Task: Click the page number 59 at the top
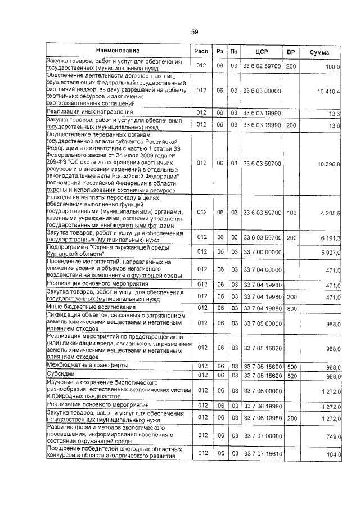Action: tap(195, 32)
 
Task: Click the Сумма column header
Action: tap(319, 52)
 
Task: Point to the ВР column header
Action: tap(291, 52)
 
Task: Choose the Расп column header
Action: tap(201, 52)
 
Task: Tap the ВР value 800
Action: tap(291, 308)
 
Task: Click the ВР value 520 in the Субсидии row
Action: tap(291, 375)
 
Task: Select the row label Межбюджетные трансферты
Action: tap(87, 366)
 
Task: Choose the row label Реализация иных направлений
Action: tap(89, 112)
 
